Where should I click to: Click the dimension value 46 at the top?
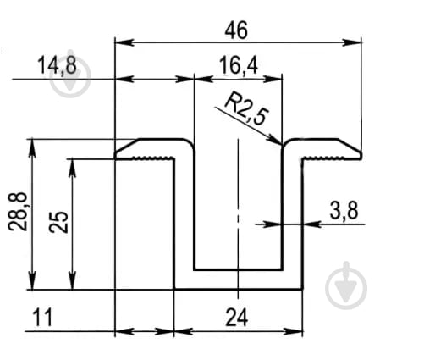point(236,30)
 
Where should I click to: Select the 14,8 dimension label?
point(57,65)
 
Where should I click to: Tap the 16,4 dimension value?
point(239,65)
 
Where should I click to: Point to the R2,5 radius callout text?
point(246,108)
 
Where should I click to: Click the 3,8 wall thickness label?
point(344,211)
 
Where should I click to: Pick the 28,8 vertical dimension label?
point(18,212)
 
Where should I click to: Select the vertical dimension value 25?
point(58,222)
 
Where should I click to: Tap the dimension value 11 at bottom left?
point(42,318)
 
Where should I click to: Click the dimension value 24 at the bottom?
point(237,318)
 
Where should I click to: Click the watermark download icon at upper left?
point(70,75)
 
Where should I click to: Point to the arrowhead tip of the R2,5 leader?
point(281,145)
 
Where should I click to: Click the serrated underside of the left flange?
point(146,158)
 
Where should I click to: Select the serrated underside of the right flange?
point(331,158)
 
